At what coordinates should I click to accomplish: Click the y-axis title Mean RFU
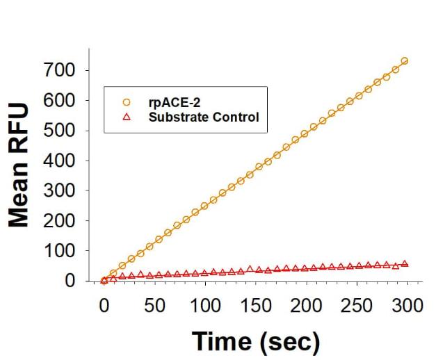[x=19, y=165]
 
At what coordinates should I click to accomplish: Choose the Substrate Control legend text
[x=204, y=116]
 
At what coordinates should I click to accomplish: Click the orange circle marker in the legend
[x=127, y=103]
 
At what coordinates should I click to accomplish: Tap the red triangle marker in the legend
[x=127, y=116]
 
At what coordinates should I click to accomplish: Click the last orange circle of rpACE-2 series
[x=405, y=61]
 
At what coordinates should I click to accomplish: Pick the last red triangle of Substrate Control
[x=405, y=263]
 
